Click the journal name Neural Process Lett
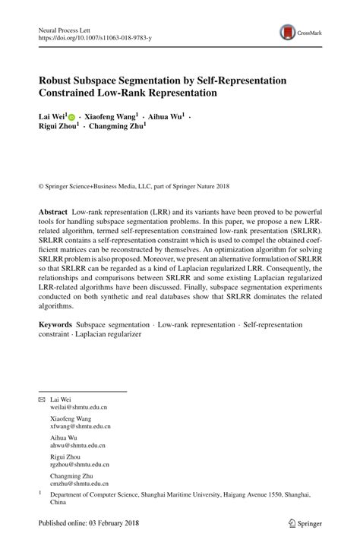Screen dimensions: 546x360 click(x=68, y=28)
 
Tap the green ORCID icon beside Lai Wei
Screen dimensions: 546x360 click(x=72, y=118)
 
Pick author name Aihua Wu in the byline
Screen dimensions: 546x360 click(x=165, y=118)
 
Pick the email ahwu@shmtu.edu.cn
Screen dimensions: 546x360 click(x=77, y=446)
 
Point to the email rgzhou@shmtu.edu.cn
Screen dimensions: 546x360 click(x=79, y=465)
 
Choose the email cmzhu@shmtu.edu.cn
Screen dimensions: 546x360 click(x=79, y=484)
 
